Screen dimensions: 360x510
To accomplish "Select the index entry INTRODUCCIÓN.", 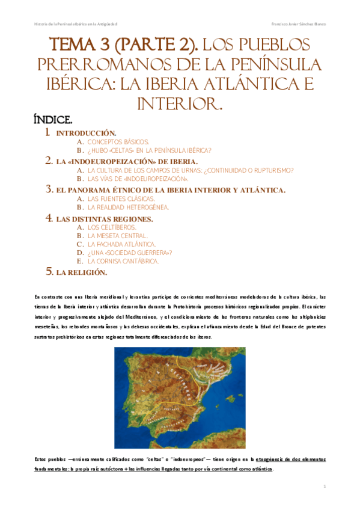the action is click(x=86, y=132).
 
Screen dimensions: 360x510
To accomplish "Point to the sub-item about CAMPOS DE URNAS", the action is click(x=190, y=170).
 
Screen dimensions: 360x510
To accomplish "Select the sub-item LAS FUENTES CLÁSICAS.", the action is click(x=121, y=198).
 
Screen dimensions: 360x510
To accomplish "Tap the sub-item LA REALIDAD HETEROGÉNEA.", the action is click(x=128, y=207).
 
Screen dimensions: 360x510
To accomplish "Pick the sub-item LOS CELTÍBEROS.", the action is click(x=112, y=227).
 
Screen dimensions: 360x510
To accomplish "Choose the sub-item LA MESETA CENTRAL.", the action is click(x=117, y=236).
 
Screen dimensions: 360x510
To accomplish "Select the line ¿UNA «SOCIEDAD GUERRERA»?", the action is click(x=129, y=253).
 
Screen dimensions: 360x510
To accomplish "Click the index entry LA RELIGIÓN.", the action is click(x=81, y=272).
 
